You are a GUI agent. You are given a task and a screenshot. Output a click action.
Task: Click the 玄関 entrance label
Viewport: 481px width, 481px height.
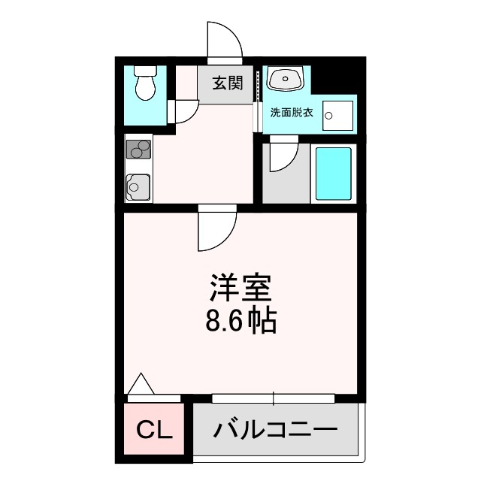[227, 83]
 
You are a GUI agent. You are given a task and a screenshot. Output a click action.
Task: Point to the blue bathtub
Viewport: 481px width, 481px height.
[333, 173]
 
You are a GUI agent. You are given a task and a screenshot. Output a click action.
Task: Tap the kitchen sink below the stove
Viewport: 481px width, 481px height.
[137, 185]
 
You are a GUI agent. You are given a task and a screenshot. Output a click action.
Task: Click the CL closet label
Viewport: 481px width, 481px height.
[155, 431]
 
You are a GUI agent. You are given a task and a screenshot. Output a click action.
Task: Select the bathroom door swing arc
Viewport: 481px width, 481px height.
[282, 156]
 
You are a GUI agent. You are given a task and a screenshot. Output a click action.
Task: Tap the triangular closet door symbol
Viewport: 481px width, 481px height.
[142, 384]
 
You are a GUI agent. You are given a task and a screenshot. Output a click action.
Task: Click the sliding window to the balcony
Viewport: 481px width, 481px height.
[274, 398]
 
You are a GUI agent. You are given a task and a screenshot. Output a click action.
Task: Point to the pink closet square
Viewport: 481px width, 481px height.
[155, 431]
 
